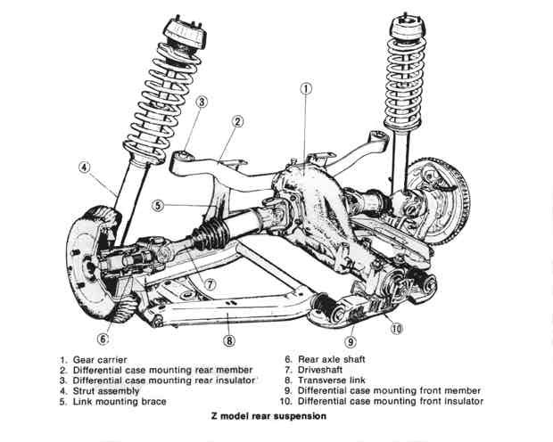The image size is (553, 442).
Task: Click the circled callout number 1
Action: [306, 88]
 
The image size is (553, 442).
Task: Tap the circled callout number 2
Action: [238, 122]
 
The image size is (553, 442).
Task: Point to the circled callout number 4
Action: [85, 167]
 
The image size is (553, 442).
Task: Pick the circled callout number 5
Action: [157, 206]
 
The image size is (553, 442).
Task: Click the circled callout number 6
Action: [103, 339]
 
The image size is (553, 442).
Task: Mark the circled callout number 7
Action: [210, 285]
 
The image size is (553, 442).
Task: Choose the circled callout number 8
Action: [229, 340]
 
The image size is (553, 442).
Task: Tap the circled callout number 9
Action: [351, 340]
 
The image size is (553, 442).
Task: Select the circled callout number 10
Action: [397, 327]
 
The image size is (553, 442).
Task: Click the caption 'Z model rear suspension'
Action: [265, 416]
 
